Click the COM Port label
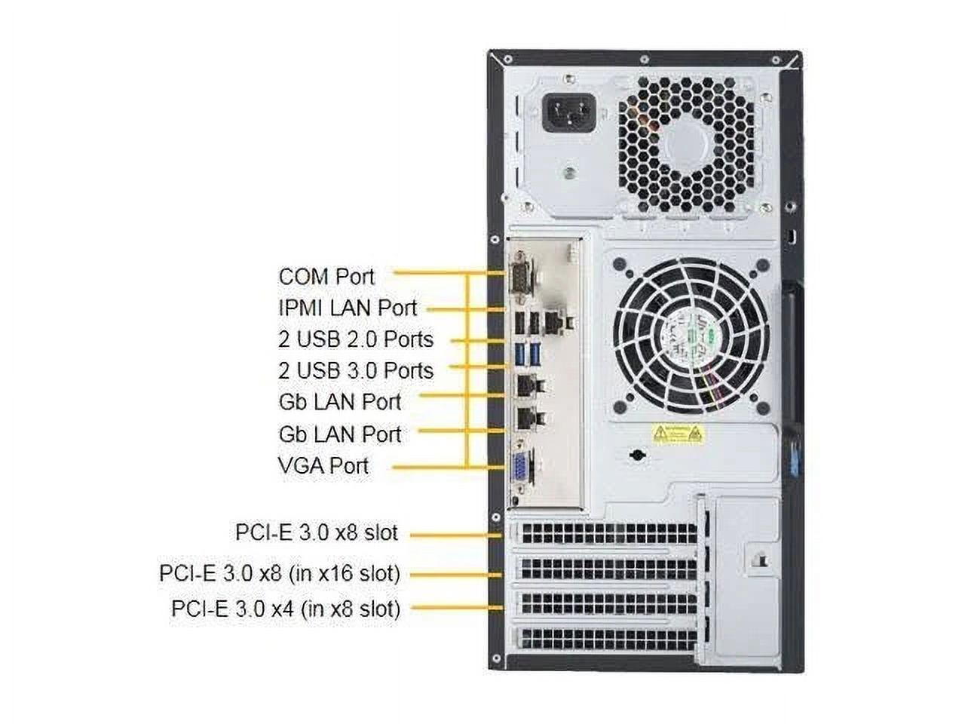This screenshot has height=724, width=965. click(x=326, y=277)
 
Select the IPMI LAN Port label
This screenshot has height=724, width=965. click(x=347, y=308)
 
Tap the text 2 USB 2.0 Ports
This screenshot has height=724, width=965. click(x=355, y=339)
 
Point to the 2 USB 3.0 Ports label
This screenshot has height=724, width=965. click(x=355, y=370)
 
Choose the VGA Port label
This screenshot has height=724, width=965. click(x=323, y=465)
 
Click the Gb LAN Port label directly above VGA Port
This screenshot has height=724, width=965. click(x=339, y=434)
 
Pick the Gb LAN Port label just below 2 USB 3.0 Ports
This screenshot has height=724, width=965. click(x=339, y=402)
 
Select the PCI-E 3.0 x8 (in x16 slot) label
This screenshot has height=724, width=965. click(x=279, y=574)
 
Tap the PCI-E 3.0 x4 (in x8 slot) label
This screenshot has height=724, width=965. click(x=285, y=609)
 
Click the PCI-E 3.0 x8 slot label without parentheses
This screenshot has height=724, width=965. click(x=316, y=532)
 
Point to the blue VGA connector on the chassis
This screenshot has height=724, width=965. click(x=521, y=469)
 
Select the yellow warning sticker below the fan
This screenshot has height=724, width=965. click(x=676, y=434)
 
